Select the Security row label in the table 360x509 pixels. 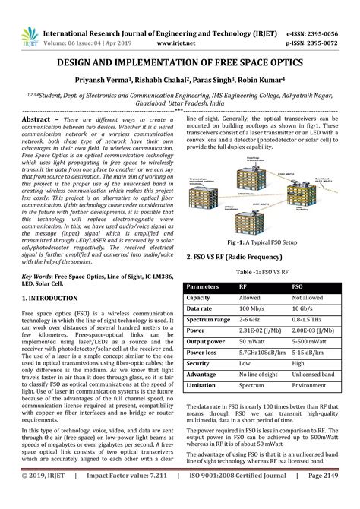pyautogui.click(x=199, y=364)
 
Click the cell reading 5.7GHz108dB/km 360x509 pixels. pyautogui.click(x=262, y=353)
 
